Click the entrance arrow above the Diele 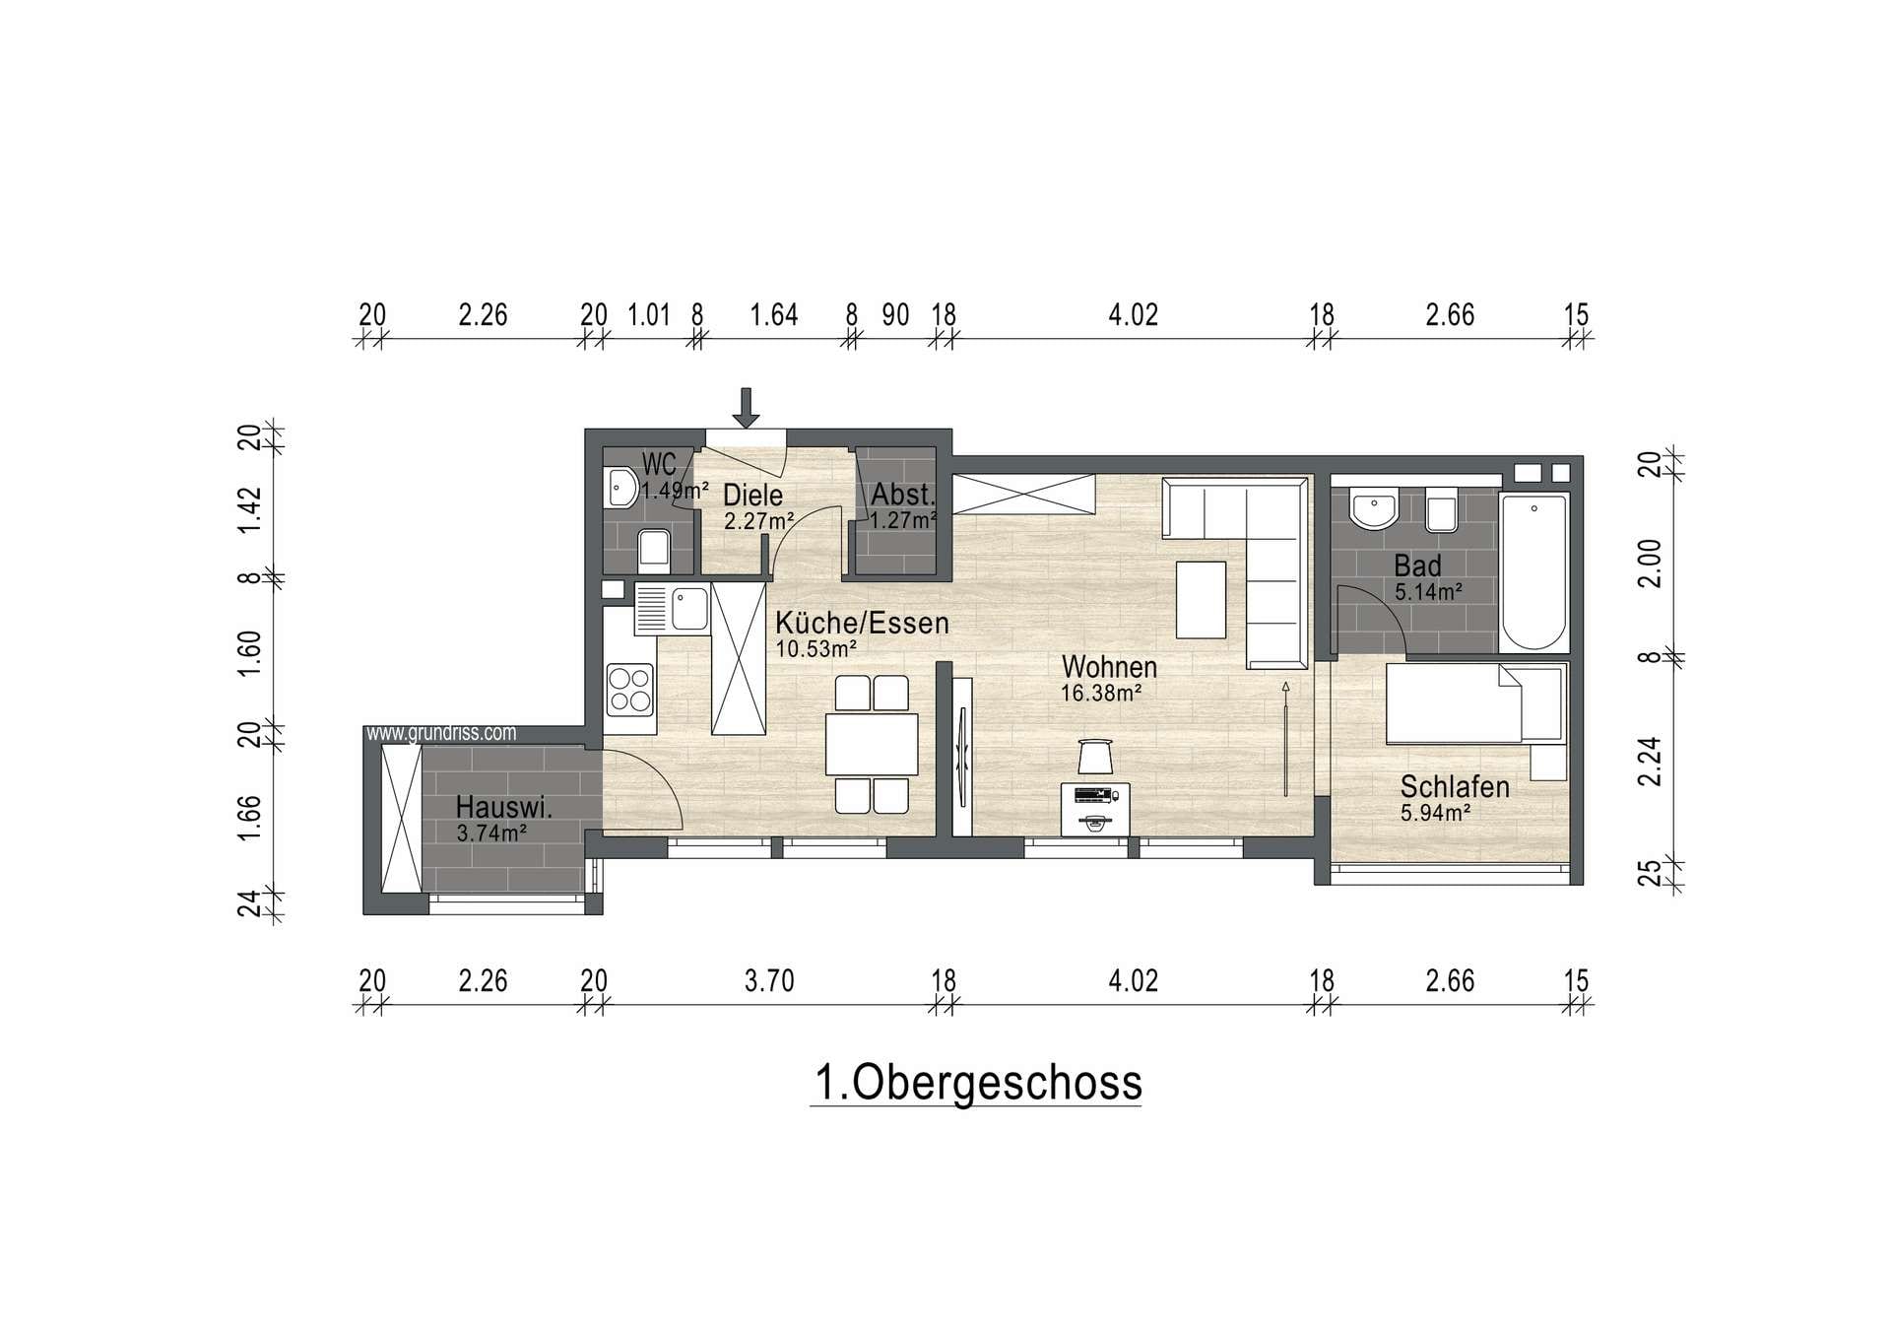[746, 408]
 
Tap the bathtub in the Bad [1533, 572]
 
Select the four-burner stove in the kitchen [630, 690]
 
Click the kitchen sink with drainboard [672, 609]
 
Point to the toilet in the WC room [654, 551]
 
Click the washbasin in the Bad [1373, 510]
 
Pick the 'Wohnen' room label [1109, 667]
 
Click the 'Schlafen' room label [1455, 787]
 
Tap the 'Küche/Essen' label [862, 623]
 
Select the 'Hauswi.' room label [503, 808]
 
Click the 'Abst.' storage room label [902, 495]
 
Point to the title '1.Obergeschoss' [977, 1082]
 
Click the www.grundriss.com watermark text [441, 733]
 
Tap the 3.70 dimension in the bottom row [769, 981]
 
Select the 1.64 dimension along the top [774, 315]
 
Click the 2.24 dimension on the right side [1650, 762]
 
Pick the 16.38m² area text [1101, 693]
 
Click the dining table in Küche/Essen [872, 744]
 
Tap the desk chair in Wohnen [1095, 757]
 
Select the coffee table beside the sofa [1202, 600]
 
